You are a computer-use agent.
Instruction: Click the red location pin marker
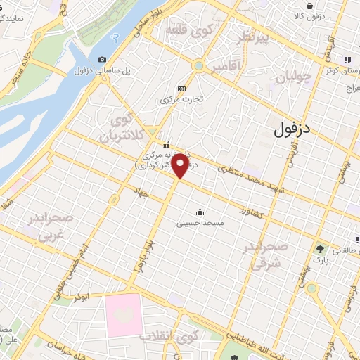(180, 165)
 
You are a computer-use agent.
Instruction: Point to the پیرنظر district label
(253, 39)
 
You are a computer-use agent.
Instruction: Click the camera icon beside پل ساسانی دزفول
(103, 60)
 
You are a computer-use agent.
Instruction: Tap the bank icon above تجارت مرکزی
(181, 89)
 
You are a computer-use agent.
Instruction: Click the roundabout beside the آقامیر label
(199, 66)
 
